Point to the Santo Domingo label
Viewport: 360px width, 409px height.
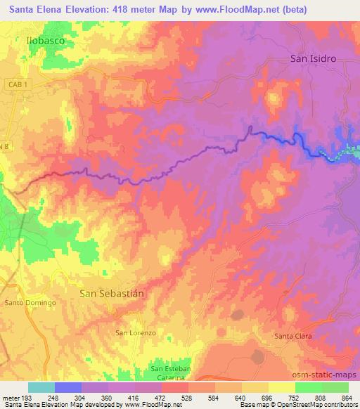point(30,303)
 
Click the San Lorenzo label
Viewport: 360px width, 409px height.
point(135,332)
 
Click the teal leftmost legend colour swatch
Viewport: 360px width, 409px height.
point(41,387)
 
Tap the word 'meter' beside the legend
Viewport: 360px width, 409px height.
point(9,397)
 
